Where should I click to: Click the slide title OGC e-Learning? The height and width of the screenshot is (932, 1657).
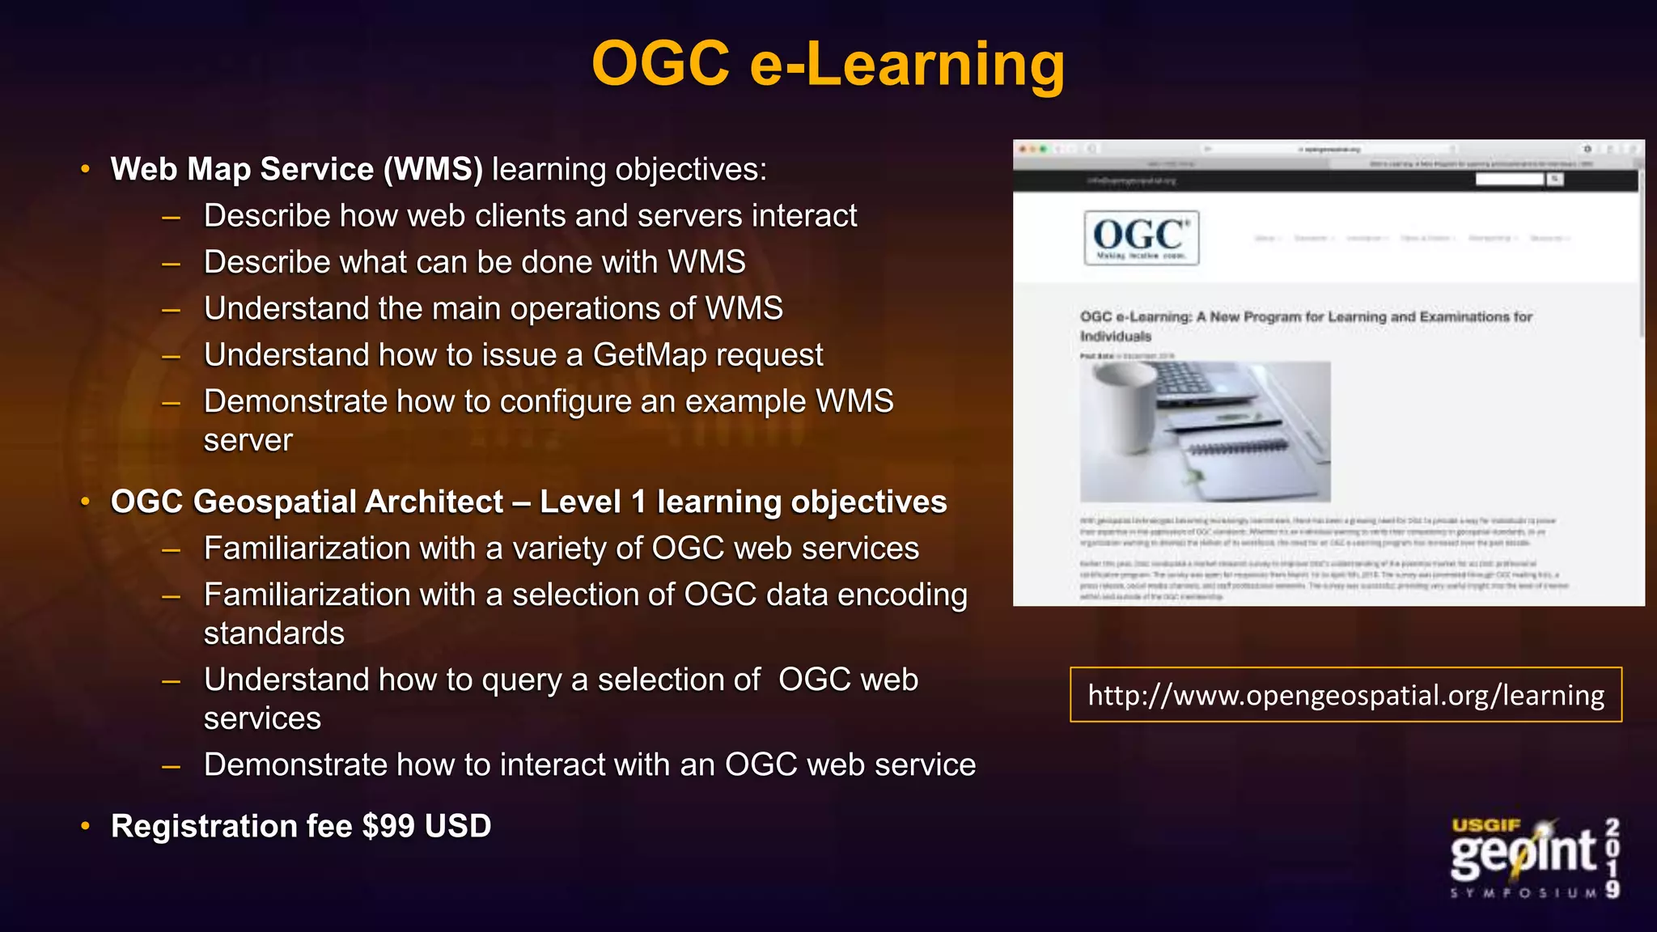click(828, 64)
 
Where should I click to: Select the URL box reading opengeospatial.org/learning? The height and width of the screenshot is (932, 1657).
click(1346, 695)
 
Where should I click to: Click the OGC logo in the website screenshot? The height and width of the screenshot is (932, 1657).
click(1141, 238)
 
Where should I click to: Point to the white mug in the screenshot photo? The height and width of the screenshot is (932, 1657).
click(1125, 405)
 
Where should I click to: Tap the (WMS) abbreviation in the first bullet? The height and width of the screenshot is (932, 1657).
click(433, 169)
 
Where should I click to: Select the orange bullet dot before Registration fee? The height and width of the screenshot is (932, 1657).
click(86, 826)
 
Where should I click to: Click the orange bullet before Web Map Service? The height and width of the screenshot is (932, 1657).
click(86, 169)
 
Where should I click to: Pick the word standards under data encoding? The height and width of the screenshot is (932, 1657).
click(273, 633)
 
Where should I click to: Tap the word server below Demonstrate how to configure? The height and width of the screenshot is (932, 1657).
click(248, 440)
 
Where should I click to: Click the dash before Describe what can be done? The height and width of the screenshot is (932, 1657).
click(171, 263)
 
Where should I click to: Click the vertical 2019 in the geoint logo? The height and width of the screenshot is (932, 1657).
click(1613, 858)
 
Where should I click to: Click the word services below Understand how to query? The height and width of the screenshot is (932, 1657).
click(262, 718)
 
